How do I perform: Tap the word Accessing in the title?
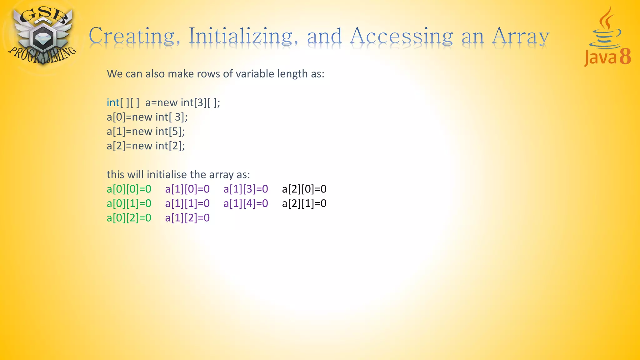click(x=401, y=36)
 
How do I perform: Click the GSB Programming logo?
click(x=42, y=36)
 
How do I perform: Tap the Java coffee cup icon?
click(x=605, y=30)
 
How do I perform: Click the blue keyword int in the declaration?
click(x=113, y=102)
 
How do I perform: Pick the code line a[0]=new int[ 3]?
click(x=147, y=117)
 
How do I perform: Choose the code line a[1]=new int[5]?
click(x=146, y=131)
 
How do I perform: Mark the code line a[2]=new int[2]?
click(x=146, y=146)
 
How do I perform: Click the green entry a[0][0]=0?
click(x=129, y=189)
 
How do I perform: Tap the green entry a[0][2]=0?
click(x=129, y=217)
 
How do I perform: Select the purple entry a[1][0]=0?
click(x=187, y=189)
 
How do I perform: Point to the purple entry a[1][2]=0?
click(x=187, y=217)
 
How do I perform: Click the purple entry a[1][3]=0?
click(x=246, y=189)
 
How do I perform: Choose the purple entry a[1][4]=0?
click(x=246, y=203)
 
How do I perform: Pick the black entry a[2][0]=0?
click(x=304, y=189)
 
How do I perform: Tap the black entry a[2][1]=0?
click(x=304, y=203)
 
